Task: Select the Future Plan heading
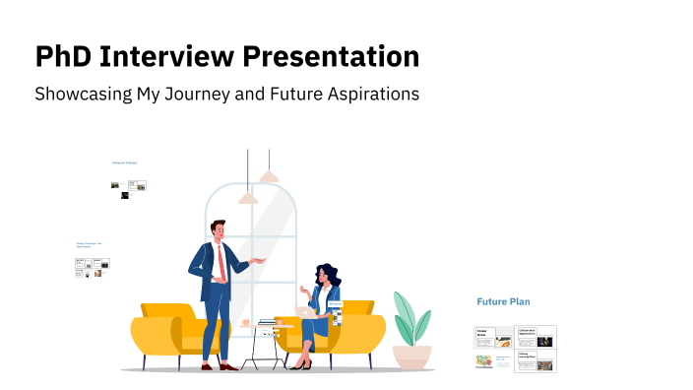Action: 504,301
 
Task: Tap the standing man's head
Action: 219,230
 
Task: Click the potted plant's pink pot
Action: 411,355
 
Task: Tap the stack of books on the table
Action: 267,322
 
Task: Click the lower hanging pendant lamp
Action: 248,198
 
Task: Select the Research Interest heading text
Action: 125,162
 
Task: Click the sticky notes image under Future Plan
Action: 484,360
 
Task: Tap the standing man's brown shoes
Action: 218,366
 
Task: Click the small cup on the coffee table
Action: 245,322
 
